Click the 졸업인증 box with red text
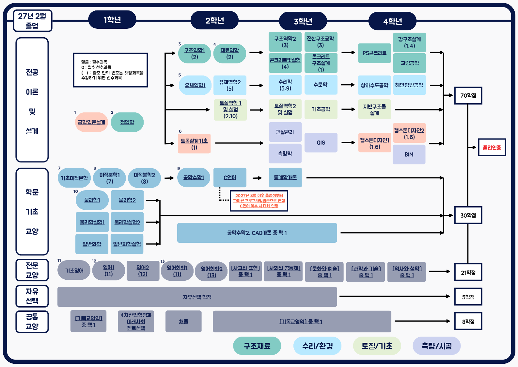tap(492, 147)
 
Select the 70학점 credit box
tap(468, 95)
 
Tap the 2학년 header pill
tap(214, 20)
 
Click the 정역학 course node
tap(127, 122)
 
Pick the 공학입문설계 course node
tap(91, 122)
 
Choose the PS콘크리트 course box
tap(374, 53)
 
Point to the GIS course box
tap(321, 142)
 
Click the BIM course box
tap(409, 154)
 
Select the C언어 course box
tap(230, 177)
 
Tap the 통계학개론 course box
tap(285, 177)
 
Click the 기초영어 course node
tap(74, 270)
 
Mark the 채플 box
tap(183, 322)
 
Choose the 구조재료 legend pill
tap(257, 346)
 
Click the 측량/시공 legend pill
tap(436, 346)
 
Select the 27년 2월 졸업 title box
tap(32, 21)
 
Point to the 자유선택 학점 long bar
tap(197, 297)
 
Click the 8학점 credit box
tap(468, 321)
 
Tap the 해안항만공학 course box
tap(409, 85)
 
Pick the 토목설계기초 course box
tap(194, 143)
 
